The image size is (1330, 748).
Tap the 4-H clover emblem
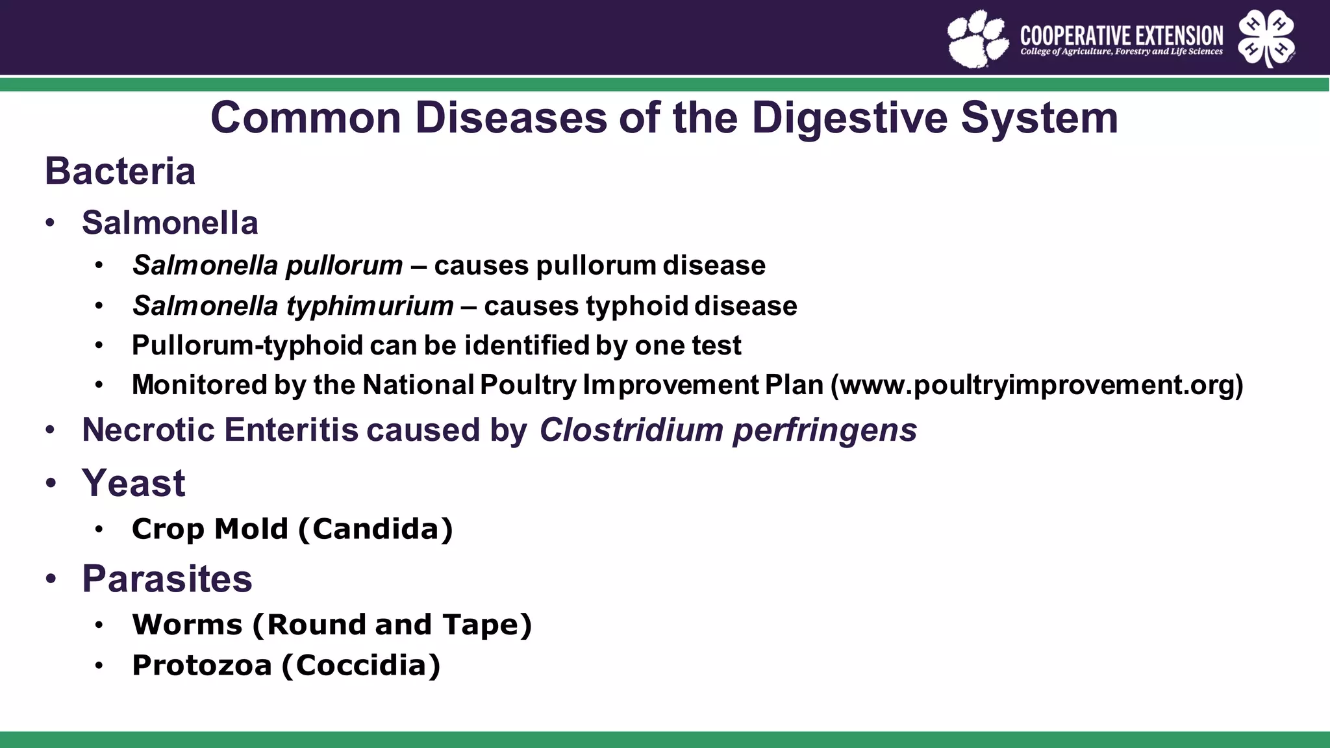tap(1266, 38)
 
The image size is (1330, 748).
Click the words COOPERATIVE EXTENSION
tap(1121, 35)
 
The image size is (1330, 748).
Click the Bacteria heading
tap(120, 171)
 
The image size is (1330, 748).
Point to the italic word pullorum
tap(344, 266)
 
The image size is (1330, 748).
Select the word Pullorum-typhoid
tap(247, 345)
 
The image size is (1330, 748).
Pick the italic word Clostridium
tap(631, 430)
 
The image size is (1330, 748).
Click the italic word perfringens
tap(825, 430)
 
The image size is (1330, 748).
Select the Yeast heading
tap(133, 483)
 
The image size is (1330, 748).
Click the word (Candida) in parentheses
tap(375, 529)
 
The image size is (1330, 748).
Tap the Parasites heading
tap(167, 579)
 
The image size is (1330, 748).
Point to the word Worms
tap(187, 625)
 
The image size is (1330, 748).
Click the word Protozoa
tap(201, 665)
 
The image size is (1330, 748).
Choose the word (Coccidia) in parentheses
tap(361, 665)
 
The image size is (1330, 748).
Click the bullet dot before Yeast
tap(51, 484)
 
